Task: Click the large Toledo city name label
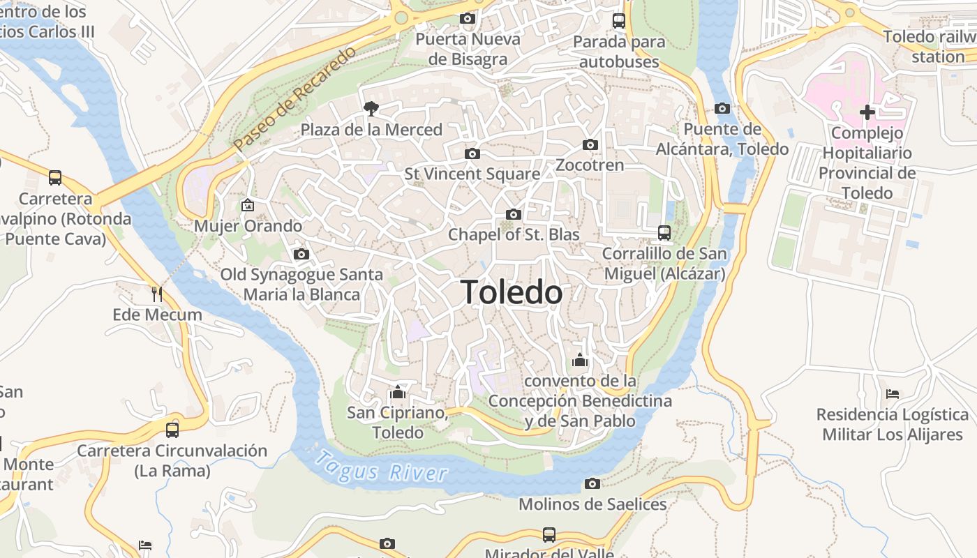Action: (512, 292)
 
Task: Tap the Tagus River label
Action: (380, 467)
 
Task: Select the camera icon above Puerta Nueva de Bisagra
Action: (468, 18)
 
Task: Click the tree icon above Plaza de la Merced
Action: (371, 108)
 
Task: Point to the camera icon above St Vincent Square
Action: (472, 153)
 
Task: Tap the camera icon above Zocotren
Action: (590, 145)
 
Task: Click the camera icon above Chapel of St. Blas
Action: (514, 214)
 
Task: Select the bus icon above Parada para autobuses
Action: (619, 21)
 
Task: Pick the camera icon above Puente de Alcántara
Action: (722, 108)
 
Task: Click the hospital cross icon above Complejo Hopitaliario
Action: (867, 112)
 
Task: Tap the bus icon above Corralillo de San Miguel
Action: (664, 233)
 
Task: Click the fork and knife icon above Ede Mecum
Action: (157, 294)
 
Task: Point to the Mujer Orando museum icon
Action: (247, 205)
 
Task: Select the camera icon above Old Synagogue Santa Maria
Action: (301, 254)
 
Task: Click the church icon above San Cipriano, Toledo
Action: (398, 392)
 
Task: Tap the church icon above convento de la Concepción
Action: (580, 361)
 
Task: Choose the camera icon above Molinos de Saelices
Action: (592, 483)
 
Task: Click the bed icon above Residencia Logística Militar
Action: (893, 394)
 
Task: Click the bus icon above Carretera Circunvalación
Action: (172, 430)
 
